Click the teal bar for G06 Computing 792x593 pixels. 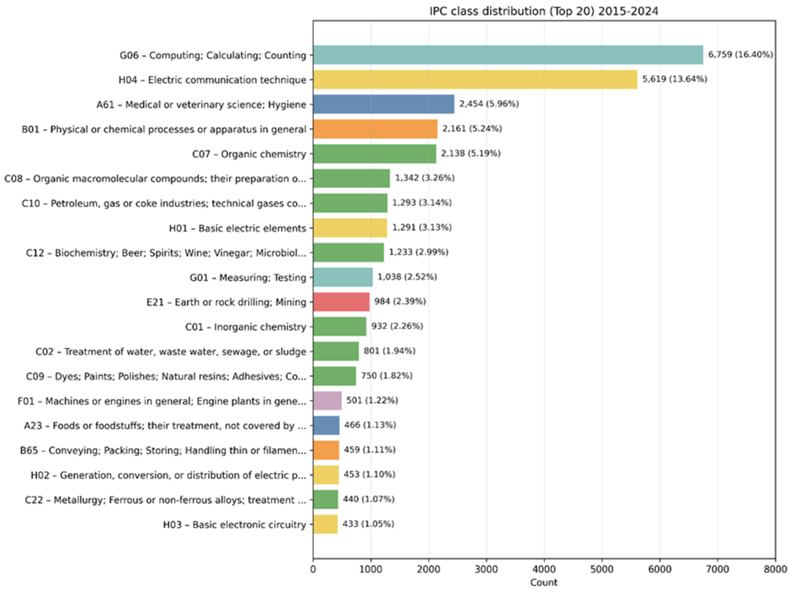point(508,55)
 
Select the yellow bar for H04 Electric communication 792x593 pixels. point(475,79)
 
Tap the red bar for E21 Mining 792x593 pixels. point(341,302)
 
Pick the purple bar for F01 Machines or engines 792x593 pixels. point(327,401)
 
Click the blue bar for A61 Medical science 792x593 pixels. point(383,104)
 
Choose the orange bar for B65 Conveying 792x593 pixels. point(326,450)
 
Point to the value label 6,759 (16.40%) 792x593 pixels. point(740,55)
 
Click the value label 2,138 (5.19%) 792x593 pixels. point(470,154)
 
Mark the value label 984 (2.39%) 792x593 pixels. point(400,302)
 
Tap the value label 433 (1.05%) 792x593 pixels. point(368,524)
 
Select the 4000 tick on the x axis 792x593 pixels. point(544,569)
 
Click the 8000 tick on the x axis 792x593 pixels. point(775,569)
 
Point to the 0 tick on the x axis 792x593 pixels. point(313,569)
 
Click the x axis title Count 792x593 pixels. point(544,583)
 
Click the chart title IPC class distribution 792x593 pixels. point(544,12)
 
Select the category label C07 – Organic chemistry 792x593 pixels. point(249,154)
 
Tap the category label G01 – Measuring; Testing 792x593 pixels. point(248,277)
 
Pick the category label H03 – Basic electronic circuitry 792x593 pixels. point(234,524)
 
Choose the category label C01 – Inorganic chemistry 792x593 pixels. point(246,327)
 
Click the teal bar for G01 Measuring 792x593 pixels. point(343,277)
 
